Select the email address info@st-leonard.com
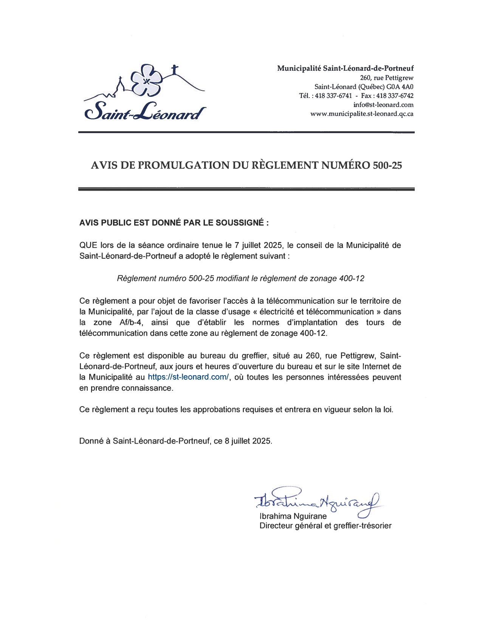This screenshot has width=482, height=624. (x=383, y=105)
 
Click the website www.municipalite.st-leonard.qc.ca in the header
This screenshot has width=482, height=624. (x=361, y=114)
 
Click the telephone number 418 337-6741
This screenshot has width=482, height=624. (x=333, y=96)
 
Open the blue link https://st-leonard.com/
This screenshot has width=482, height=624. (x=188, y=377)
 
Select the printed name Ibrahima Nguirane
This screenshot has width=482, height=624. (x=293, y=516)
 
